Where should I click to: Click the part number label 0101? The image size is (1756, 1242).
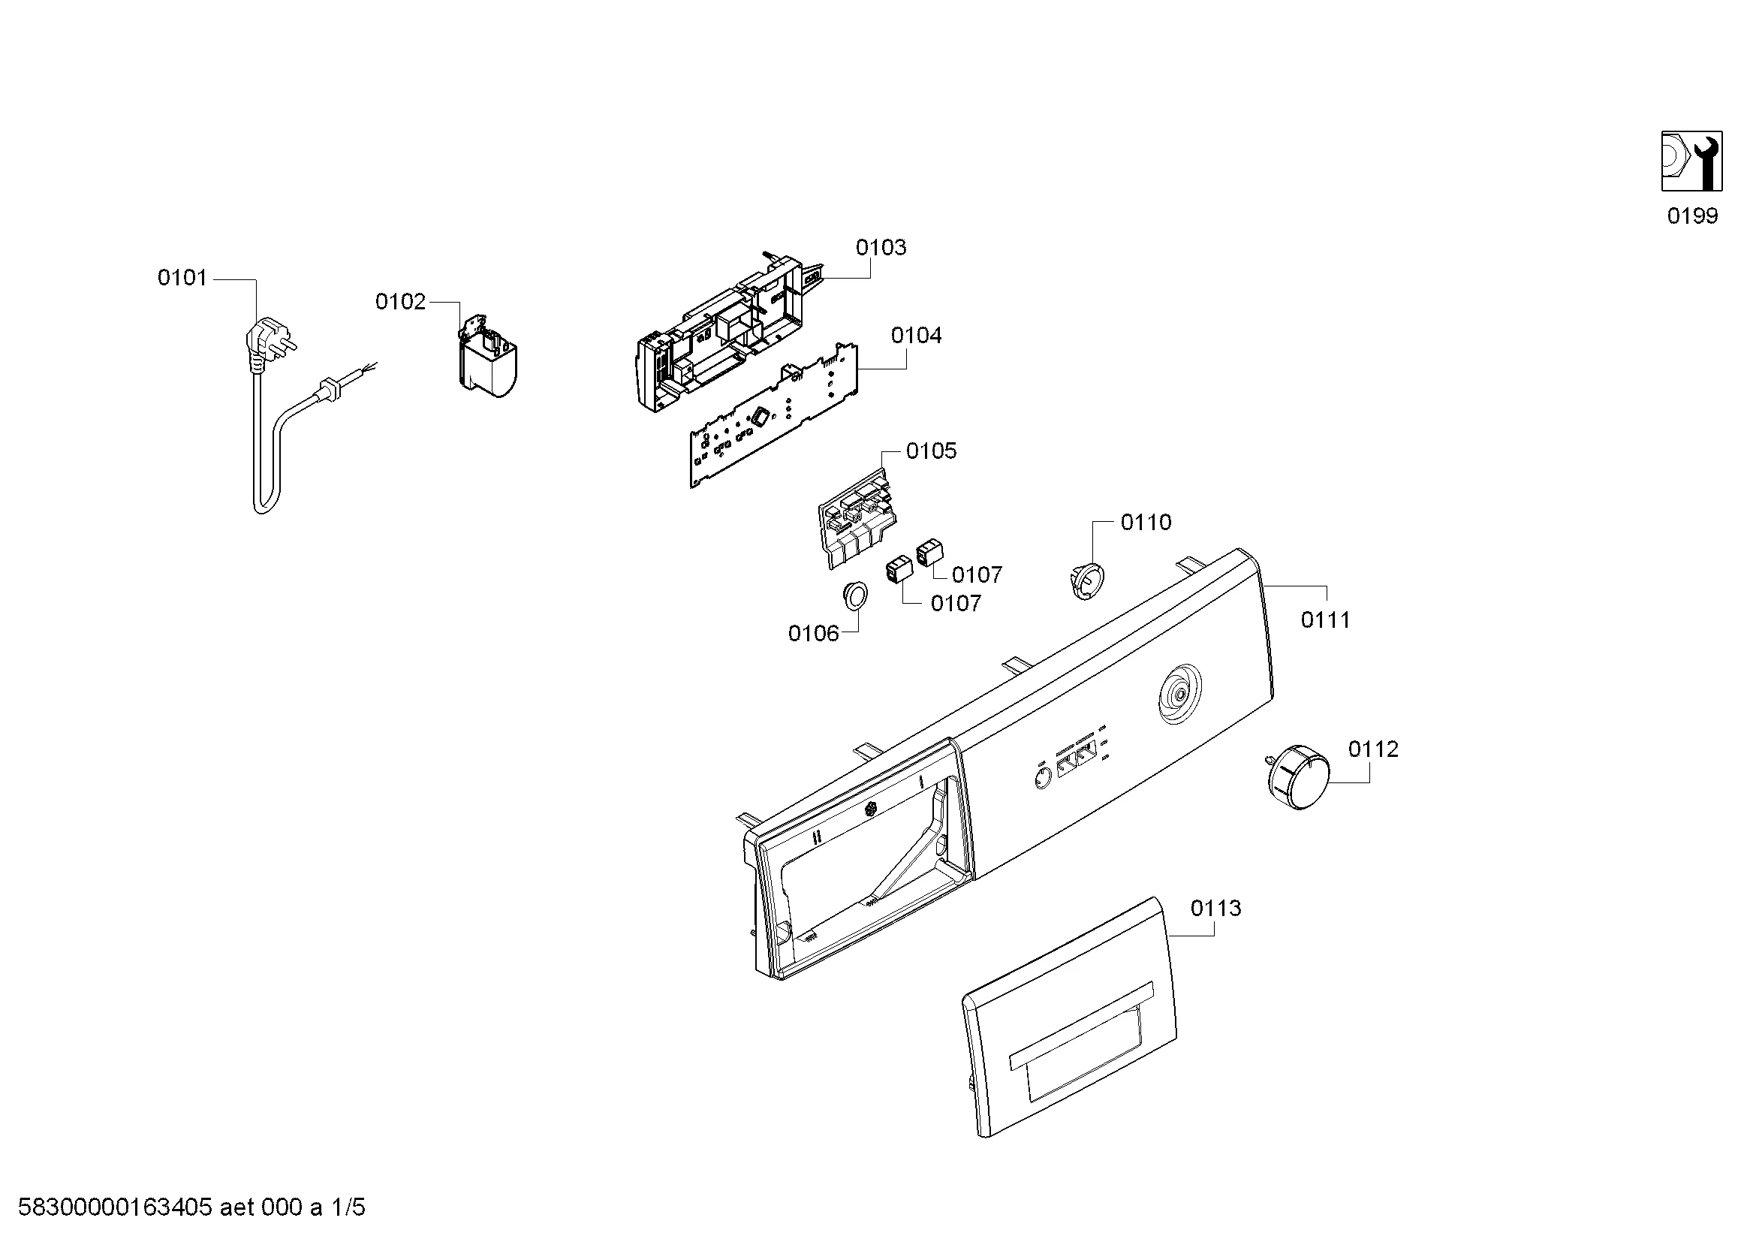click(x=182, y=278)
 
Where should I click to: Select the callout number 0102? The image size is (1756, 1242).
click(x=400, y=302)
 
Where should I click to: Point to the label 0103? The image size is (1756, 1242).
click(x=881, y=247)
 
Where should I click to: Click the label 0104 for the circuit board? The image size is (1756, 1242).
click(x=916, y=335)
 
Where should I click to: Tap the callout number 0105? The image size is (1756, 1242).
click(x=931, y=451)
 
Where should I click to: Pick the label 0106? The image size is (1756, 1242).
click(x=813, y=633)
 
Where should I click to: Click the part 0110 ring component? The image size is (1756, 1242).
click(x=1086, y=578)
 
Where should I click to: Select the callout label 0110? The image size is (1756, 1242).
click(x=1146, y=523)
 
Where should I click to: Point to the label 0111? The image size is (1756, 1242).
click(x=1325, y=619)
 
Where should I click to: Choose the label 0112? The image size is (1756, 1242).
click(x=1373, y=749)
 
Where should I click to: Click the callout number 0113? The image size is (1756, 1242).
click(x=1215, y=908)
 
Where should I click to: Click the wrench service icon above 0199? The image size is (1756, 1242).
click(x=1691, y=161)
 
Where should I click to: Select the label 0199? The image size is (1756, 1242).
click(x=1692, y=216)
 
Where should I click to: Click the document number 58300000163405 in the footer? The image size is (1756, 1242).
click(x=115, y=1207)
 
